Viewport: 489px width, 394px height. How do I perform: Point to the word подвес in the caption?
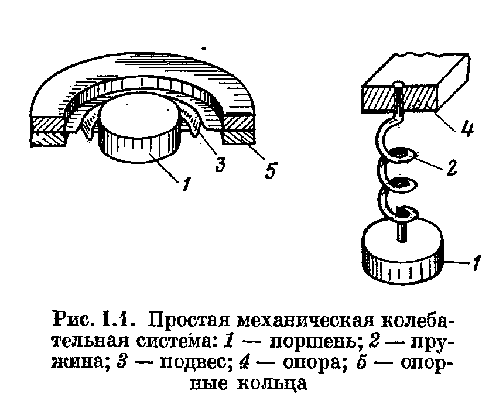190,362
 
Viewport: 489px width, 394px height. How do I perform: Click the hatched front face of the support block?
399,97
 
